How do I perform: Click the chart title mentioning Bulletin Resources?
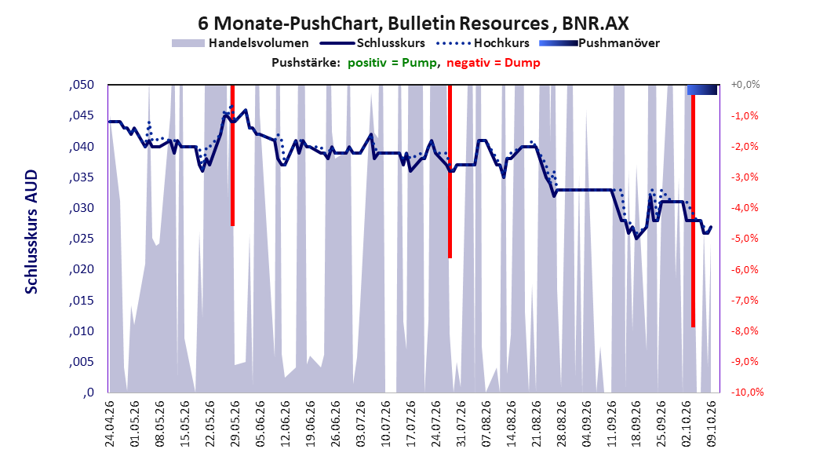click(x=413, y=24)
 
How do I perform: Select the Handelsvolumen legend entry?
click(x=240, y=43)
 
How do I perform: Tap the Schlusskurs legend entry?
click(x=373, y=43)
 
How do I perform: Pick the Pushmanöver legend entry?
click(x=599, y=43)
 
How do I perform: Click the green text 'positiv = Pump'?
click(x=392, y=63)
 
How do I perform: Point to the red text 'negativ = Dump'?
click(x=494, y=63)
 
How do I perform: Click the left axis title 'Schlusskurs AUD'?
click(x=31, y=232)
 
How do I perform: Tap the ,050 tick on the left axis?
click(x=82, y=85)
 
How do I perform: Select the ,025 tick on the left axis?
click(x=82, y=239)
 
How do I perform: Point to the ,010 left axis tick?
click(x=82, y=331)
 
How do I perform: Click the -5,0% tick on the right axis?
click(x=745, y=239)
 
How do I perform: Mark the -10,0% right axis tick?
click(x=747, y=392)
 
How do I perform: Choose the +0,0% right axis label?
click(x=745, y=85)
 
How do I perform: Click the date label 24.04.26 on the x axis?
click(x=110, y=424)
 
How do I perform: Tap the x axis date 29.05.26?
click(x=235, y=424)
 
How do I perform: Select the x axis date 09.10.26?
click(x=712, y=424)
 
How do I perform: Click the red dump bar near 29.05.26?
click(x=232, y=155)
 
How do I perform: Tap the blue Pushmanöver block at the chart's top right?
click(x=702, y=89)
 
